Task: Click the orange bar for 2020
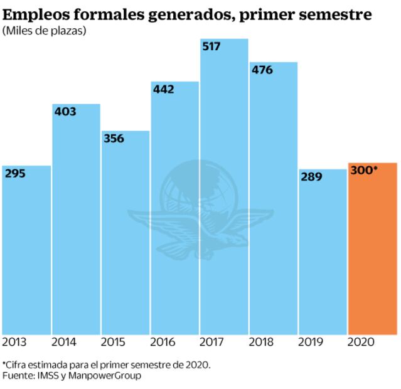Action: click(x=373, y=251)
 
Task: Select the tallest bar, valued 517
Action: click(x=224, y=188)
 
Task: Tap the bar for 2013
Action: click(x=26, y=251)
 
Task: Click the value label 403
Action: click(x=65, y=112)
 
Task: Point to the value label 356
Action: click(x=114, y=139)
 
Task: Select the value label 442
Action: click(x=163, y=90)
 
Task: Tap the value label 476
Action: click(x=262, y=70)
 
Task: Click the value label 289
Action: click(x=311, y=177)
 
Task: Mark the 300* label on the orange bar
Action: click(x=364, y=169)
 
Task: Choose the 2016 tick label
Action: click(x=163, y=343)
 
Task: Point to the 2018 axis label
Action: click(x=262, y=343)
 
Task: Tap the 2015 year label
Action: click(x=113, y=343)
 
